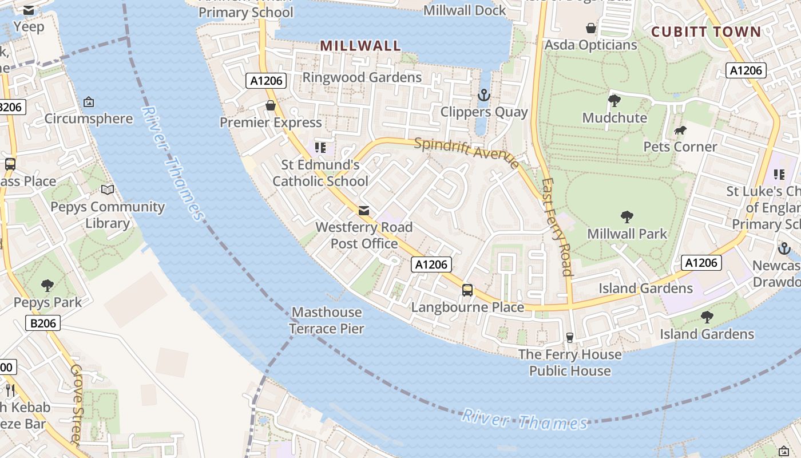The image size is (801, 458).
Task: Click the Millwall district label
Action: pos(360,46)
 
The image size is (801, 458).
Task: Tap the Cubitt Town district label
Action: pos(707,31)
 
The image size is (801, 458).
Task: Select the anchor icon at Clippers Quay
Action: pos(484,94)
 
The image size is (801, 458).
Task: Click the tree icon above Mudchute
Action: pos(614,101)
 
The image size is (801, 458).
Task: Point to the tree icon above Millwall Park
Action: pos(627,216)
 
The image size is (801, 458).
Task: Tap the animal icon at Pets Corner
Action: pos(680,131)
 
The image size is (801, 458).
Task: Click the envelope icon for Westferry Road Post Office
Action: pos(364,211)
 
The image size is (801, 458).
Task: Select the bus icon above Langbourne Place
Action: pos(467,290)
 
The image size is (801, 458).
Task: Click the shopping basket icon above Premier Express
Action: pos(271,105)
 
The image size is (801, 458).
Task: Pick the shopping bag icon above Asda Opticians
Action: pos(591,27)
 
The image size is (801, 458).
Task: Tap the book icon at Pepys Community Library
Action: pos(108,189)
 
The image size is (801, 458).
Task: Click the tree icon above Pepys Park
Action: pos(47,285)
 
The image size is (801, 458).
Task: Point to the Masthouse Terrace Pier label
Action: pos(326,320)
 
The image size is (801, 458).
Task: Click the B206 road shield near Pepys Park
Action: pos(43,323)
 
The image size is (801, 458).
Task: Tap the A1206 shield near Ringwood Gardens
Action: pos(267,81)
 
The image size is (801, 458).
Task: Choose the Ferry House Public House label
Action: pos(570,362)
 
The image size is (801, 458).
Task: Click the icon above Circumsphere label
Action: pos(89,102)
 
